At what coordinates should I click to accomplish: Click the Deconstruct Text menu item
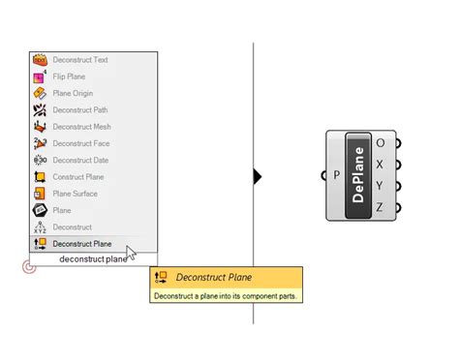pyautogui.click(x=80, y=60)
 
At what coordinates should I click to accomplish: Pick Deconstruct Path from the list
pyautogui.click(x=80, y=110)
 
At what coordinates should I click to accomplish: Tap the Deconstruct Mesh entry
pyautogui.click(x=81, y=127)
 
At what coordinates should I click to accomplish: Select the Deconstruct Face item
pyautogui.click(x=80, y=143)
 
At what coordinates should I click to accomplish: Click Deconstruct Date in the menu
pyautogui.click(x=80, y=160)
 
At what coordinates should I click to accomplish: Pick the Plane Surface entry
pyautogui.click(x=76, y=194)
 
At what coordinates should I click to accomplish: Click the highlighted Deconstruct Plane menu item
pyautogui.click(x=82, y=244)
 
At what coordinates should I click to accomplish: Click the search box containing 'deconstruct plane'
pyautogui.click(x=92, y=259)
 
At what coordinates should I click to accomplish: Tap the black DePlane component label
pyautogui.click(x=358, y=175)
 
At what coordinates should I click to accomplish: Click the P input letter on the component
pyautogui.click(x=336, y=176)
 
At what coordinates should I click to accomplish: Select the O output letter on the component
pyautogui.click(x=380, y=143)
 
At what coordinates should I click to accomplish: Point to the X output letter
pyautogui.click(x=380, y=164)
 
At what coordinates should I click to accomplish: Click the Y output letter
pyautogui.click(x=380, y=185)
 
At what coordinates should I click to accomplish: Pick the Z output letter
pyautogui.click(x=380, y=206)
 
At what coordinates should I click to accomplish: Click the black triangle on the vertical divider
pyautogui.click(x=258, y=176)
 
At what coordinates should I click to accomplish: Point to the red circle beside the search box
pyautogui.click(x=29, y=266)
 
